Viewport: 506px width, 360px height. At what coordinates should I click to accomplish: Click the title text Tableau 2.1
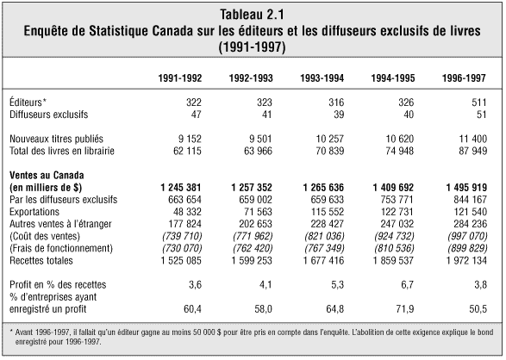coord(252,14)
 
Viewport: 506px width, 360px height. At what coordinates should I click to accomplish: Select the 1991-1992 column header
coord(180,78)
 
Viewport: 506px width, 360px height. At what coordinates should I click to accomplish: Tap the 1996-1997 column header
coord(464,78)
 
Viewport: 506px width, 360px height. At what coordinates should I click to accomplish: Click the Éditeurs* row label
coord(28,102)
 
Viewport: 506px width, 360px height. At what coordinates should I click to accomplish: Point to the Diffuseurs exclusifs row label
coord(49,115)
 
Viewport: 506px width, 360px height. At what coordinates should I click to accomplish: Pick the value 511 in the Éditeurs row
coord(479,102)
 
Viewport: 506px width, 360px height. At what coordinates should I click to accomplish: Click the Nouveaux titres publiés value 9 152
coord(190,139)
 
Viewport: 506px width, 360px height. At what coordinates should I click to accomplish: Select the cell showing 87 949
coord(472,151)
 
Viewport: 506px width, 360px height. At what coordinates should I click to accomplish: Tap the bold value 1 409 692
coord(393,188)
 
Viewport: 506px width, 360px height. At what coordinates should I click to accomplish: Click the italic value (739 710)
coord(182,236)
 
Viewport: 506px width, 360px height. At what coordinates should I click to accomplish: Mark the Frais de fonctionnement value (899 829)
coord(467,248)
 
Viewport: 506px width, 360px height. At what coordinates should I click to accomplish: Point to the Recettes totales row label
coord(41,260)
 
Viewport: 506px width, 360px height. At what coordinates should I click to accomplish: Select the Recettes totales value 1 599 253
coord(252,260)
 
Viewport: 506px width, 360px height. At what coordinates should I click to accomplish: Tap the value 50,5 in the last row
coord(478,309)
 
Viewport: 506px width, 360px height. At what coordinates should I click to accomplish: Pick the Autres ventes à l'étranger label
coord(60,224)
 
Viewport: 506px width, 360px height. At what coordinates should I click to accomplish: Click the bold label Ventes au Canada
coord(47,176)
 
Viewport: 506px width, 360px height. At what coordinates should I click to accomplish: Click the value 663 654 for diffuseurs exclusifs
coord(184,200)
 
